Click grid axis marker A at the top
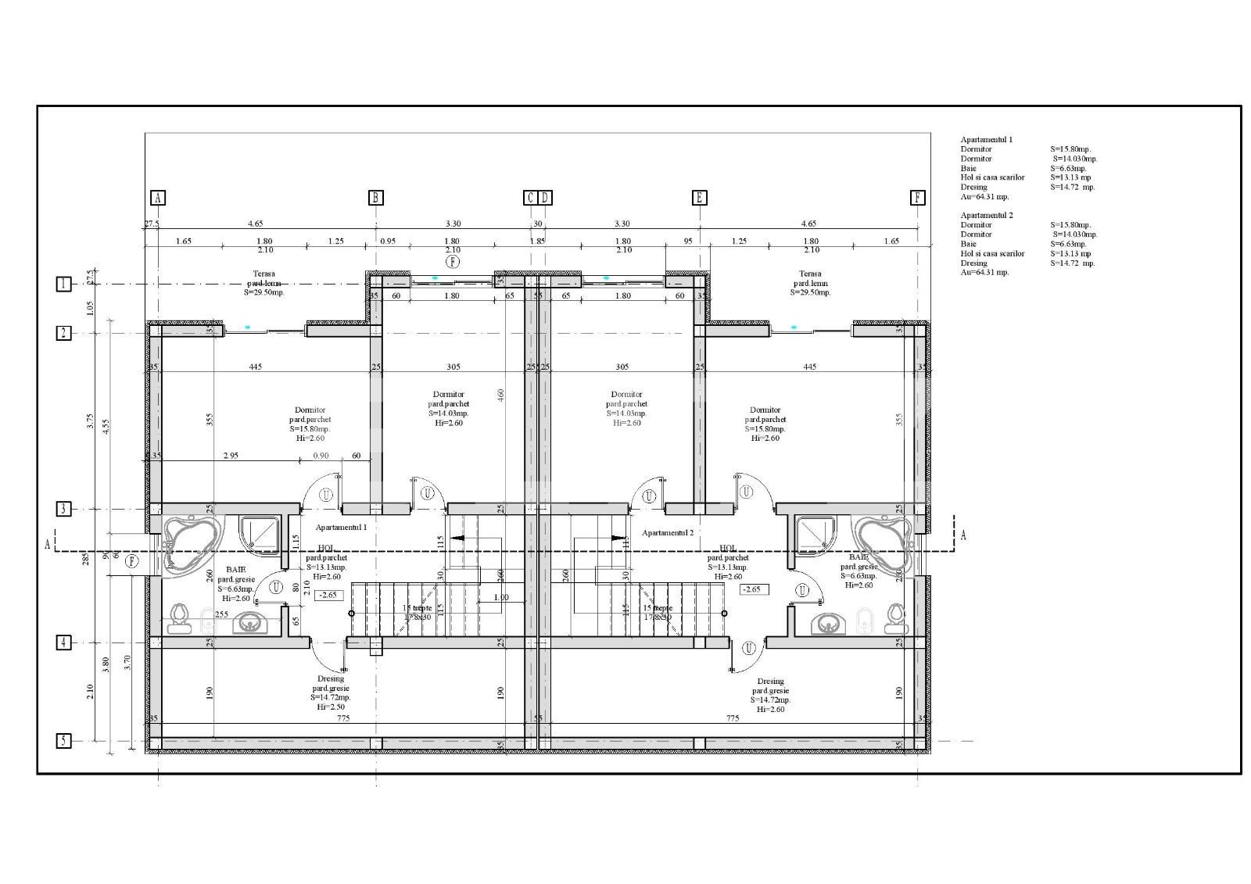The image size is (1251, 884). [157, 198]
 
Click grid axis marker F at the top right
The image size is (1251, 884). [918, 198]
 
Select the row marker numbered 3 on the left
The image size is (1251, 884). [63, 509]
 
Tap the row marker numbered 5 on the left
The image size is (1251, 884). [63, 740]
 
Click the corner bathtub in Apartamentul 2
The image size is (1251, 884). [884, 540]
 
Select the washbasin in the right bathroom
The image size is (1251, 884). [826, 624]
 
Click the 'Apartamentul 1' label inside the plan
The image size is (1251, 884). [341, 528]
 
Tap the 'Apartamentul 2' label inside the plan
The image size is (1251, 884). [668, 532]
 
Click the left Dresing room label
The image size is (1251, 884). [330, 679]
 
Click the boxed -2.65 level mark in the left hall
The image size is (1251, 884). [329, 595]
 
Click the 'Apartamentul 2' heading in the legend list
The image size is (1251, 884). [986, 215]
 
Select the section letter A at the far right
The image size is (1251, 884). [962, 535]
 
